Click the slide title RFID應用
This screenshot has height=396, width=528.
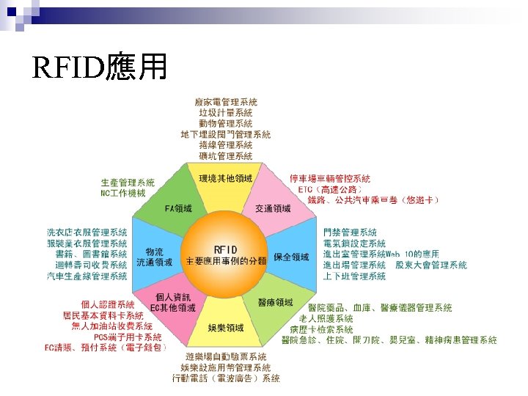point(101,68)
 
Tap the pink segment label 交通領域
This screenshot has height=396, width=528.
point(273,209)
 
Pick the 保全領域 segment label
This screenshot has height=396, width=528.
point(291,257)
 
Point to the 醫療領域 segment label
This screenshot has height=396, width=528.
point(275,302)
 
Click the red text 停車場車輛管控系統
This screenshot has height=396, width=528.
point(330,178)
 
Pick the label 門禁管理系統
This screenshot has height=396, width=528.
point(350,232)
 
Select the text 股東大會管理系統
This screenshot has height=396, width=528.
point(431,265)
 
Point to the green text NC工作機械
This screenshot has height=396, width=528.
point(123,193)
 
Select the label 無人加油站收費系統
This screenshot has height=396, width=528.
point(111,326)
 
